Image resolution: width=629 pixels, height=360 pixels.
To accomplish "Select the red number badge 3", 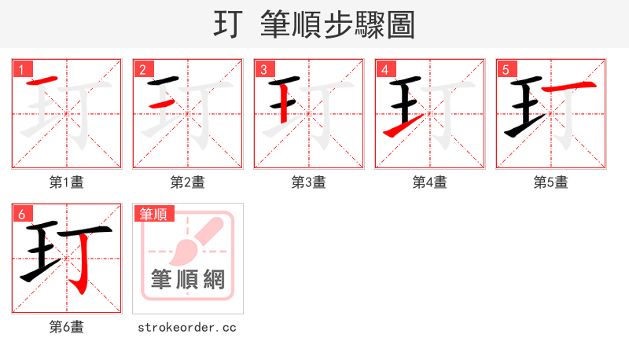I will click(264, 70).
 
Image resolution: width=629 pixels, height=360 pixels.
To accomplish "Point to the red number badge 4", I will click(385, 70).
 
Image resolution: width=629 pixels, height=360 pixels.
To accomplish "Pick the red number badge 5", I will click(506, 70).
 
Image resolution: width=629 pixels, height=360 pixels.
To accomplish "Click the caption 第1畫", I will click(67, 182).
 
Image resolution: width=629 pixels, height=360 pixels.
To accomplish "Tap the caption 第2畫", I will click(188, 182).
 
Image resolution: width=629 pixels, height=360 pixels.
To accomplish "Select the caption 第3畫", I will click(309, 182).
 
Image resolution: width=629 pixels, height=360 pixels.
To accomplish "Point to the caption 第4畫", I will click(430, 182).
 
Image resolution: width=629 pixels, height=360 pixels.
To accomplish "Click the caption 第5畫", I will click(551, 182).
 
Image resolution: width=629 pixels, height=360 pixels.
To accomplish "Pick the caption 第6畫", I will click(67, 327).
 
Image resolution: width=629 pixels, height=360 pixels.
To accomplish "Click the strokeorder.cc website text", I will click(187, 327).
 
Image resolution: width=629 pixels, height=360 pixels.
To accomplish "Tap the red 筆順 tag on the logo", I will click(154, 214).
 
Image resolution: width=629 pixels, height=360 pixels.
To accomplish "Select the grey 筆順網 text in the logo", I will click(188, 279).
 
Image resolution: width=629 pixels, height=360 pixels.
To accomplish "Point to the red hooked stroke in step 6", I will click(79, 267).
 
